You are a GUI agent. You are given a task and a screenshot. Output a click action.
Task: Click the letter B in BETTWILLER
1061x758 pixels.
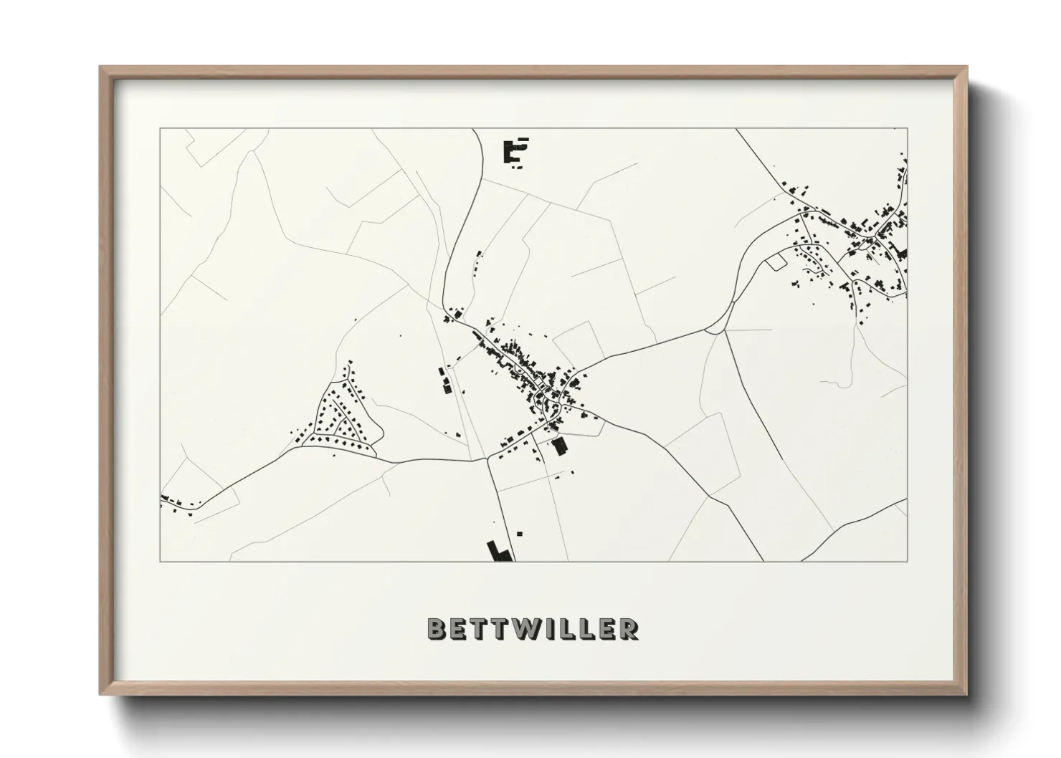click(437, 629)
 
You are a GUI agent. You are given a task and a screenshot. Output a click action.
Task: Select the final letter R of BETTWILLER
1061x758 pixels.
click(629, 629)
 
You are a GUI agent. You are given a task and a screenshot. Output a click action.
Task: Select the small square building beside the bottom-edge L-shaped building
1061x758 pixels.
click(520, 533)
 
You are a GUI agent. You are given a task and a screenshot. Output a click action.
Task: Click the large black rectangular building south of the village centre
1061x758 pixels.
click(560, 446)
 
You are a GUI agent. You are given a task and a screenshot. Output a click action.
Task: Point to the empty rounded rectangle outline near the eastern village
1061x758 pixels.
click(776, 262)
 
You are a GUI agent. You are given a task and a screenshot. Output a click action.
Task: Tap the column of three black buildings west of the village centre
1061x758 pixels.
click(444, 380)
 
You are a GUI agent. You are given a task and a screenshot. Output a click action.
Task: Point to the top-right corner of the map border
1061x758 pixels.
click(907, 129)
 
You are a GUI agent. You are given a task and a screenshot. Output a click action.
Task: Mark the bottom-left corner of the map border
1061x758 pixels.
click(160, 562)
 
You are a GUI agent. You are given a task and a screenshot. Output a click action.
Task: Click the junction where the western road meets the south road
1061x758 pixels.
click(488, 459)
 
